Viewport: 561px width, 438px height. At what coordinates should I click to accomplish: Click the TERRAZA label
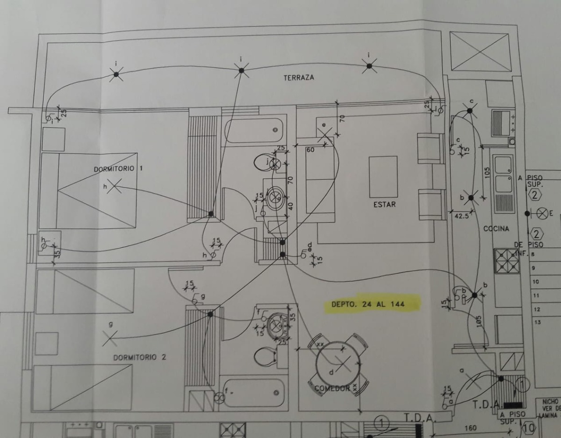299,78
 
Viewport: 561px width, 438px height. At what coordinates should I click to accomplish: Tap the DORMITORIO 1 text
117,168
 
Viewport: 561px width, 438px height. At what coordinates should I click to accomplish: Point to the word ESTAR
384,204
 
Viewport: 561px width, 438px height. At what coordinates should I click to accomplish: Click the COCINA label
496,229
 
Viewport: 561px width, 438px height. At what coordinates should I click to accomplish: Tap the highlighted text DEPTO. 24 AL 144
368,304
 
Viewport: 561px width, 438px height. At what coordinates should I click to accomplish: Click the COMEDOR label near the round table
332,388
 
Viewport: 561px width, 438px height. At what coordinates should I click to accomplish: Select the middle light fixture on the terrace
241,70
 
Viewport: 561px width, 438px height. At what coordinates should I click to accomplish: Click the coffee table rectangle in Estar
383,176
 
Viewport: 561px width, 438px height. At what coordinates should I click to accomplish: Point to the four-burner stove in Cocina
506,261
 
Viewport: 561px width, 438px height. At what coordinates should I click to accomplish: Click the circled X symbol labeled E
542,213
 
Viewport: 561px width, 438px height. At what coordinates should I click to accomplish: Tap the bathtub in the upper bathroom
253,130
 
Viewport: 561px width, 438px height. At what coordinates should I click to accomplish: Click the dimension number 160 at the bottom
470,428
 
